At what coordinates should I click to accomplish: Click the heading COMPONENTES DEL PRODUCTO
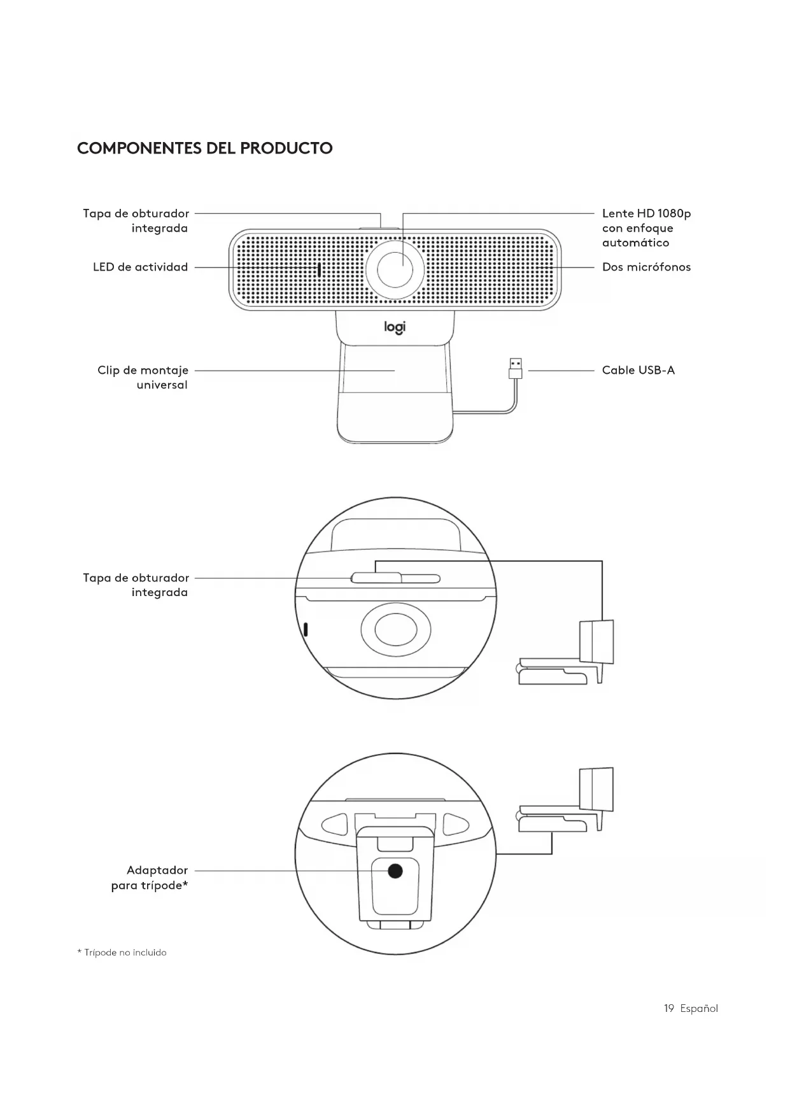pyautogui.click(x=204, y=148)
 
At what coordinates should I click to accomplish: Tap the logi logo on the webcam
pyautogui.click(x=395, y=327)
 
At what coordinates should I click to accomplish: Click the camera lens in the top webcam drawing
pyautogui.click(x=395, y=269)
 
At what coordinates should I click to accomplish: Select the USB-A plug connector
pyautogui.click(x=516, y=368)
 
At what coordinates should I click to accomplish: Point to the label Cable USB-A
pyautogui.click(x=638, y=370)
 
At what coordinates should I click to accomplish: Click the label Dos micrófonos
pyautogui.click(x=646, y=267)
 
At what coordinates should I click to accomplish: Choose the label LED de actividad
pyautogui.click(x=141, y=267)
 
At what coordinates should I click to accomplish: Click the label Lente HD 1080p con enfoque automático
pyautogui.click(x=645, y=228)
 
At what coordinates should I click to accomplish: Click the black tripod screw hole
pyautogui.click(x=395, y=871)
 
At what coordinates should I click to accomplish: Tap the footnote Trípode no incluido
pyautogui.click(x=122, y=953)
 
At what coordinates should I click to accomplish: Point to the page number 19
pyautogui.click(x=668, y=1008)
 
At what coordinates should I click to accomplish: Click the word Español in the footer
pyautogui.click(x=699, y=1008)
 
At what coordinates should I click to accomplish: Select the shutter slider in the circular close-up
pyautogui.click(x=376, y=578)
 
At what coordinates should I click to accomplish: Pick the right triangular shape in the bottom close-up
pyautogui.click(x=455, y=824)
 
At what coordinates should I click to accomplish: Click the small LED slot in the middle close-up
pyautogui.click(x=306, y=629)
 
